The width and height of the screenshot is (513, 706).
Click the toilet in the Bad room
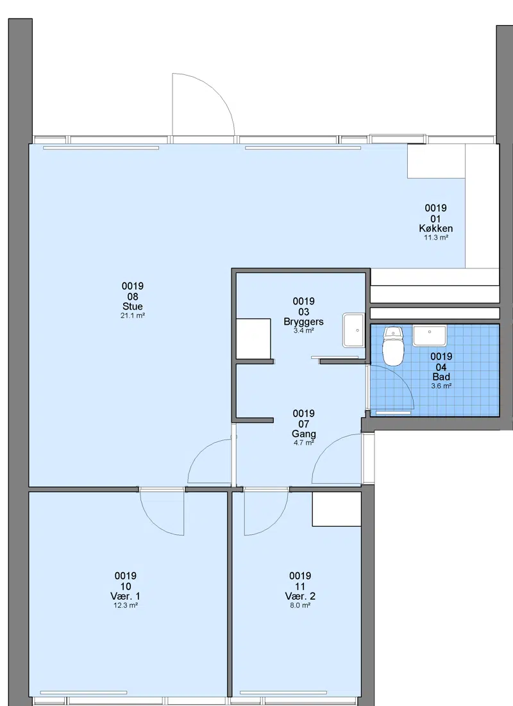(392, 346)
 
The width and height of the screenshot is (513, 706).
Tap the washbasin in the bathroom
(430, 336)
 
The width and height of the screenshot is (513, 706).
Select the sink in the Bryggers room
(353, 331)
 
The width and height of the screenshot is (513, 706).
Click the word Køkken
(436, 228)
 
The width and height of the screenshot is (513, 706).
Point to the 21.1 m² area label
(133, 316)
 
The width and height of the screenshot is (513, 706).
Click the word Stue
(133, 306)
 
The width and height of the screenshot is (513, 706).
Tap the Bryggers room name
(303, 322)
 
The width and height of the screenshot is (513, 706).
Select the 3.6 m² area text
(441, 386)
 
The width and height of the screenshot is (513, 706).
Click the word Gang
(304, 434)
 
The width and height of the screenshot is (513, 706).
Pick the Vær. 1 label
(125, 596)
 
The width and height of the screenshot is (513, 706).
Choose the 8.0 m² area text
(300, 605)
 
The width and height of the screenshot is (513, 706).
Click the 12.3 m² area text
(125, 605)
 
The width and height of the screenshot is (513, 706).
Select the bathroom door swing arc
(401, 377)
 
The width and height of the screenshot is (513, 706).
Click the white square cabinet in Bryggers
(253, 339)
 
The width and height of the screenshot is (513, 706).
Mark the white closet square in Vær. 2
(337, 509)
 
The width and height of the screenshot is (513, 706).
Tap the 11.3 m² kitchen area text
(436, 237)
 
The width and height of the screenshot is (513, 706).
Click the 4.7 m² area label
(304, 443)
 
